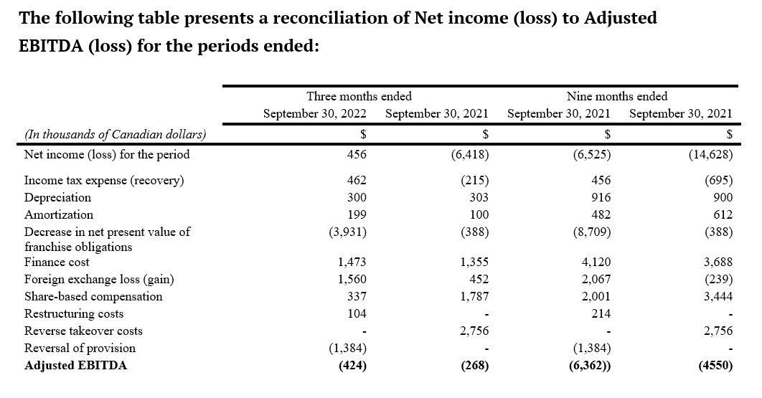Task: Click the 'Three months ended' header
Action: [x=359, y=96]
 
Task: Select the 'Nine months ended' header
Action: [x=617, y=96]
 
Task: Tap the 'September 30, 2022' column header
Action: [x=315, y=114]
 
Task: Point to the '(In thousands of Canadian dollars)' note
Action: [x=116, y=134]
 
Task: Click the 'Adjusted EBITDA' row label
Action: [x=76, y=366]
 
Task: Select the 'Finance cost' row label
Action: [x=57, y=262]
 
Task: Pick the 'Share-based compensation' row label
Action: [x=93, y=297]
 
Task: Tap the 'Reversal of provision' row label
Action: [x=80, y=349]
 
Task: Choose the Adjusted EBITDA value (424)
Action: [x=352, y=366]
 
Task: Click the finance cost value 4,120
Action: [x=596, y=262]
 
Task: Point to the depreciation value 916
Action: [x=601, y=198]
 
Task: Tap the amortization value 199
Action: [x=357, y=215]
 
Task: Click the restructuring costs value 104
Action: [x=357, y=314]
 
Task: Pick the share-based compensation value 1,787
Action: [x=474, y=297]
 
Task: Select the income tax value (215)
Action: [x=475, y=181]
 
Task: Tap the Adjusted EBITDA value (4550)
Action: [x=715, y=366]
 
